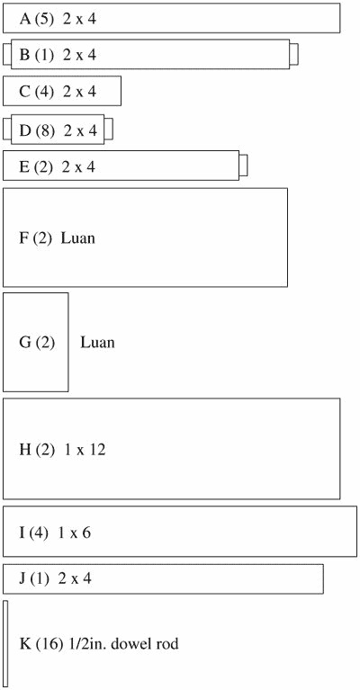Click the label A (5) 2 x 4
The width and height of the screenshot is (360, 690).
point(58,20)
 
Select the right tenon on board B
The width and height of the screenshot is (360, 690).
point(294,53)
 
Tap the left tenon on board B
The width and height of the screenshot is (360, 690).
point(6,54)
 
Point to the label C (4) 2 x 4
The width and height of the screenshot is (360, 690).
point(58,92)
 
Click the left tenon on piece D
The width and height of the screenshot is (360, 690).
point(6,130)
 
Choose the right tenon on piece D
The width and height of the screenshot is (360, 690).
point(109,129)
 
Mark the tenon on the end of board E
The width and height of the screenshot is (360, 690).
point(243,166)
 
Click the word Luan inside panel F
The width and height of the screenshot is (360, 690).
point(78,238)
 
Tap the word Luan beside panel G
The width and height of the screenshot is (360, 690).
point(97,343)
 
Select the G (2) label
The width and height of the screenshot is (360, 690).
point(38,343)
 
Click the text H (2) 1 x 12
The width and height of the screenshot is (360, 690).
point(62,450)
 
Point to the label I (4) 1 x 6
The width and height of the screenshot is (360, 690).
point(55,533)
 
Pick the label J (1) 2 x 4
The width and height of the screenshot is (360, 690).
point(56,578)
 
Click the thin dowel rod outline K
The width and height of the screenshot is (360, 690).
point(5,644)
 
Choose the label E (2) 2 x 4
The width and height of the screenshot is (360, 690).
point(57,167)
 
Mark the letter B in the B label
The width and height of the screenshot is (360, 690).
point(23,55)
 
